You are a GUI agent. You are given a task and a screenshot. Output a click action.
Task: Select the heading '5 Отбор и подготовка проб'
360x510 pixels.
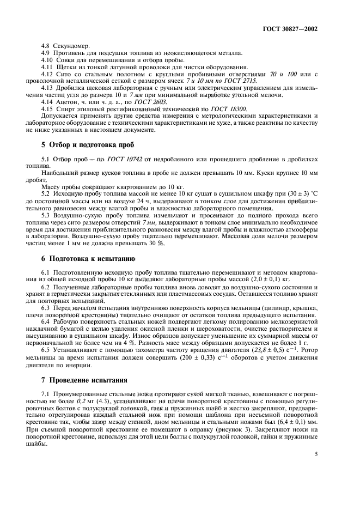coord(84,145)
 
